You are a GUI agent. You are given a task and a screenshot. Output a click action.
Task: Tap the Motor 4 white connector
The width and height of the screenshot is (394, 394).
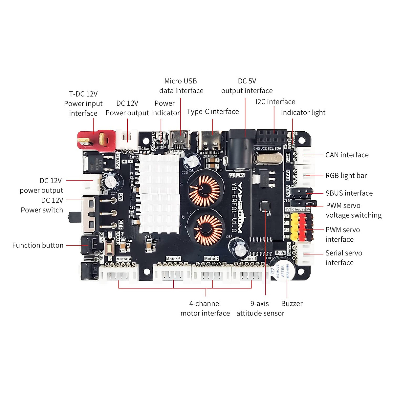pyautogui.click(x=119, y=273)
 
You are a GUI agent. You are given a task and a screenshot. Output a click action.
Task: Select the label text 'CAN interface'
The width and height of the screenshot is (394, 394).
pyautogui.click(x=347, y=155)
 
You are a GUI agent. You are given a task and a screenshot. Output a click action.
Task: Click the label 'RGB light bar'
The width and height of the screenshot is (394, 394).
pyautogui.click(x=346, y=176)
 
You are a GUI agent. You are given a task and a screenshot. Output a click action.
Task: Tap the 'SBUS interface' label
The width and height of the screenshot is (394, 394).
pyautogui.click(x=349, y=193)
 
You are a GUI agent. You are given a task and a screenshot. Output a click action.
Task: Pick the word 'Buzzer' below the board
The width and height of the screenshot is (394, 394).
pyautogui.click(x=292, y=304)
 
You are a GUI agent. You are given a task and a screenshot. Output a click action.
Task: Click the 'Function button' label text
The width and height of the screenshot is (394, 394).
pyautogui.click(x=38, y=245)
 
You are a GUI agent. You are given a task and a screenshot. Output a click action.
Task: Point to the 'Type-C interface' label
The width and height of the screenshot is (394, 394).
pyautogui.click(x=213, y=112)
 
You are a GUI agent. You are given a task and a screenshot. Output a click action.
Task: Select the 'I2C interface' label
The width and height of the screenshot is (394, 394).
pyautogui.click(x=275, y=102)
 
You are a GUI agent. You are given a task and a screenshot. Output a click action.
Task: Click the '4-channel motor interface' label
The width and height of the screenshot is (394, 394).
pyautogui.click(x=205, y=308)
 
